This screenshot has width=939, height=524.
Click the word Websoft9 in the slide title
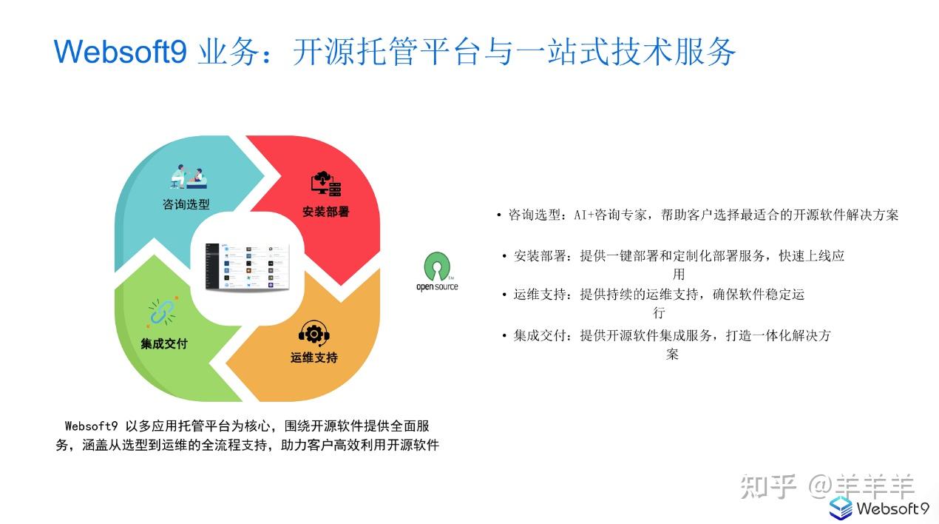click(120, 52)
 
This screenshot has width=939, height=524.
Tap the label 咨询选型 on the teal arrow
click(186, 204)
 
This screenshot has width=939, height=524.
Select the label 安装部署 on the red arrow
click(325, 212)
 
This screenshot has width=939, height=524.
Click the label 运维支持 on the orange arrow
click(313, 357)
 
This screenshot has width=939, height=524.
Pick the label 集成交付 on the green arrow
click(164, 343)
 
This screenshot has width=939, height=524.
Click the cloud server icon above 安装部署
click(326, 184)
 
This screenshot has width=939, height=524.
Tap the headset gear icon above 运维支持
click(313, 333)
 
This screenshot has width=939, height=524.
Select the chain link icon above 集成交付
click(162, 312)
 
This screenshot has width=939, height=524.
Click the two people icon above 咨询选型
click(189, 176)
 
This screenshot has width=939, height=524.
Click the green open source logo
click(437, 266)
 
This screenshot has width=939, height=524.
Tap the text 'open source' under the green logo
click(437, 286)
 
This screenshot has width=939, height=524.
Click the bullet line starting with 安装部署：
click(678, 256)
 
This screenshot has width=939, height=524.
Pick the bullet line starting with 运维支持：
click(658, 295)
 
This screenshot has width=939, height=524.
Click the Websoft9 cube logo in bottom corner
click(841, 508)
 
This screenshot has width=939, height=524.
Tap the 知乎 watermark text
click(768, 486)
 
